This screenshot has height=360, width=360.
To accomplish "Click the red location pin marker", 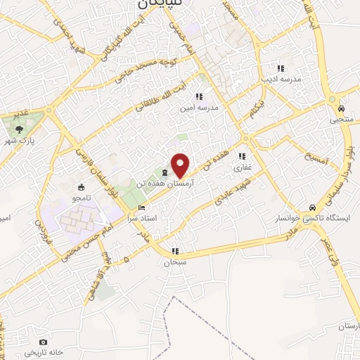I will pyautogui.click(x=181, y=165).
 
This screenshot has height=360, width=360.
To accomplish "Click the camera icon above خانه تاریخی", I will pyautogui.click(x=43, y=342).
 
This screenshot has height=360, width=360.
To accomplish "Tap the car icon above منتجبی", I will pyautogui.click(x=340, y=110).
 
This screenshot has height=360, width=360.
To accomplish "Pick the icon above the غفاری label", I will pyautogui.click(x=243, y=157).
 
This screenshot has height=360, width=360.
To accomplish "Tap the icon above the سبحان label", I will pyautogui.click(x=176, y=250).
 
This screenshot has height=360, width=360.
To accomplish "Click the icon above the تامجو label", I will pyautogui.click(x=82, y=188).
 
